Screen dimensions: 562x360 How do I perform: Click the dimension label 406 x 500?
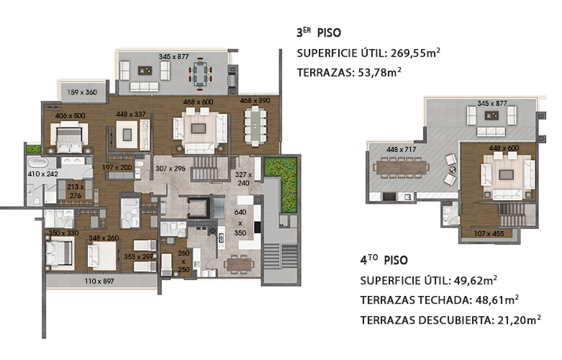pyautogui.click(x=71, y=115)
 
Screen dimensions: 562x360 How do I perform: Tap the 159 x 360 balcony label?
pyautogui.click(x=82, y=92)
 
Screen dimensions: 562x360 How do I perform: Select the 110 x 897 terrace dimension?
pyautogui.click(x=99, y=281)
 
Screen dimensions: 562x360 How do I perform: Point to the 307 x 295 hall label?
pyautogui.click(x=171, y=168)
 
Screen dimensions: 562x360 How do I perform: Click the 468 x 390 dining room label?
pyautogui.click(x=255, y=101)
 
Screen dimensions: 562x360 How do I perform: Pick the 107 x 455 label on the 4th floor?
pyautogui.click(x=489, y=233)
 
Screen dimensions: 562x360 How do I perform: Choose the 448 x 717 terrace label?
pyautogui.click(x=401, y=149)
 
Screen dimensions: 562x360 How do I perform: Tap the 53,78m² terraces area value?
pyautogui.click(x=379, y=72)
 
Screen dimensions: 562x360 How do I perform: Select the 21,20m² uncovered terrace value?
pyautogui.click(x=519, y=320)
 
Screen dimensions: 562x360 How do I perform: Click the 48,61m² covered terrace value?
pyautogui.click(x=497, y=300)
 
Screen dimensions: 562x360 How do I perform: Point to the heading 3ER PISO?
pyautogui.click(x=319, y=32)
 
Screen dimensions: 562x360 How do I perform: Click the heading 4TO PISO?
pyautogui.click(x=384, y=260)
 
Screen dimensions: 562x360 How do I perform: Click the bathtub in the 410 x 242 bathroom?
pyautogui.click(x=38, y=163)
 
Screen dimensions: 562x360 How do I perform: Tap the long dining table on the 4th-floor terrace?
pyautogui.click(x=401, y=166)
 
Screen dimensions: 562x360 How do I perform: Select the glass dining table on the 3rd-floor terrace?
pyautogui.click(x=200, y=74)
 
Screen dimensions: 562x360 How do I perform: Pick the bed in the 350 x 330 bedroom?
pyautogui.click(x=59, y=253)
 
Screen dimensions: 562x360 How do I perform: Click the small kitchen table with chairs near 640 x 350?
pyautogui.click(x=240, y=264)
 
